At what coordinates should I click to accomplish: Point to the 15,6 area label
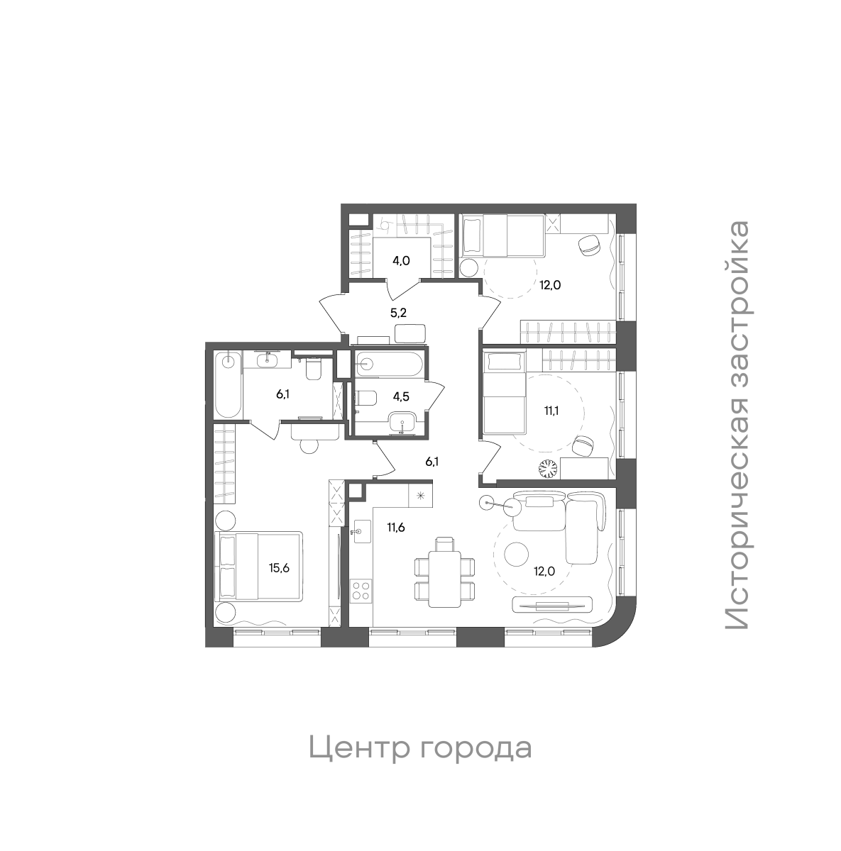279,567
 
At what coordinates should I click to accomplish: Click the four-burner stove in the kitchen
361,591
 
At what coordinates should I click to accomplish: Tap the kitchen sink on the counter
361,530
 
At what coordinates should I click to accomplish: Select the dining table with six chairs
444,572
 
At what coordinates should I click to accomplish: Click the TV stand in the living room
552,605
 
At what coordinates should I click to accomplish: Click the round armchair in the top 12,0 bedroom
589,245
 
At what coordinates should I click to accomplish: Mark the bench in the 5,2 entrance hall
409,333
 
